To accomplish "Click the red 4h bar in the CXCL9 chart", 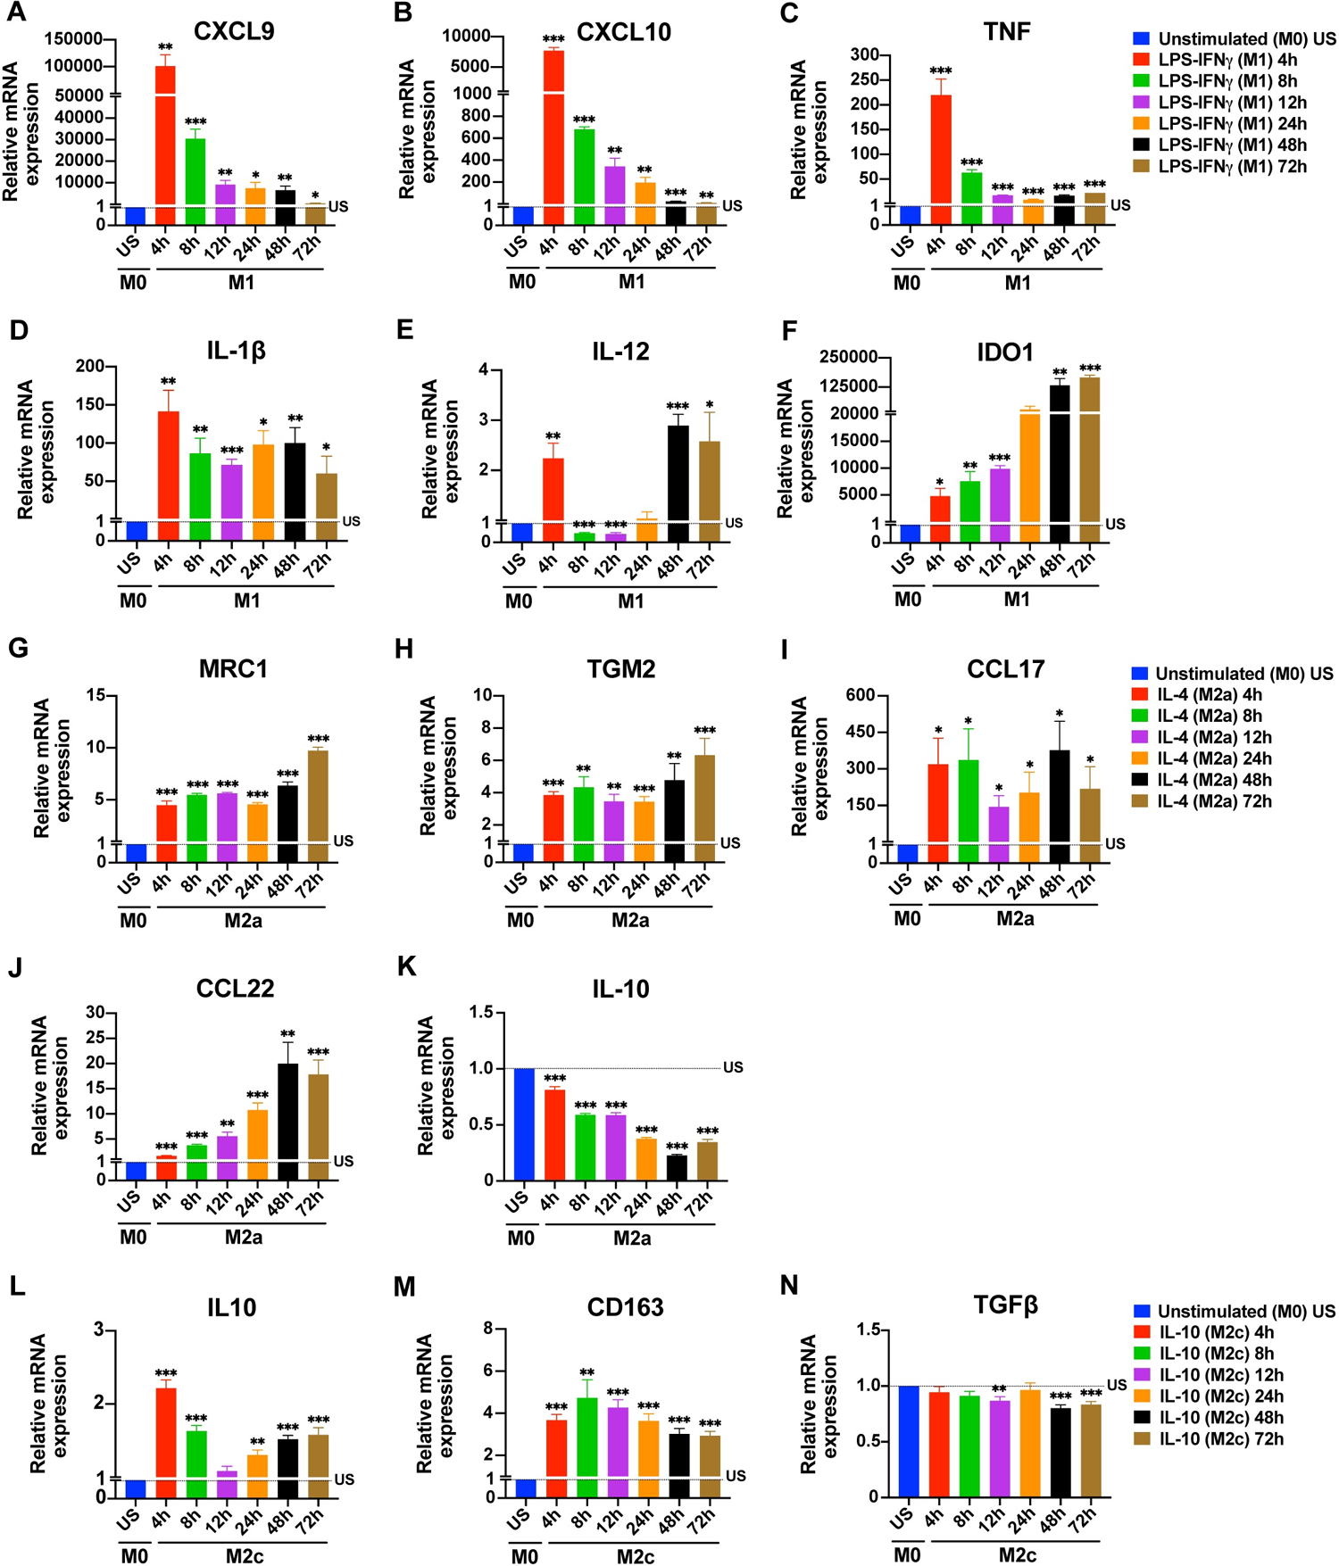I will [165, 143].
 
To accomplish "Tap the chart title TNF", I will [1007, 32].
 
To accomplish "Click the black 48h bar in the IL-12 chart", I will [678, 482].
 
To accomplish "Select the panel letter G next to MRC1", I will [18, 648].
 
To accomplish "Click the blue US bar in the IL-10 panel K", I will [524, 1123].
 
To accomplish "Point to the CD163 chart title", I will [625, 1307].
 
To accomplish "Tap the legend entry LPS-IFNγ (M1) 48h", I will [1232, 145].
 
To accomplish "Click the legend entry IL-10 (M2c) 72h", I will [1220, 1438].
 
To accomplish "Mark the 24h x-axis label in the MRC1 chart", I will [249, 884].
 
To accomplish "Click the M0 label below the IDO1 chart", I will [907, 600].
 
